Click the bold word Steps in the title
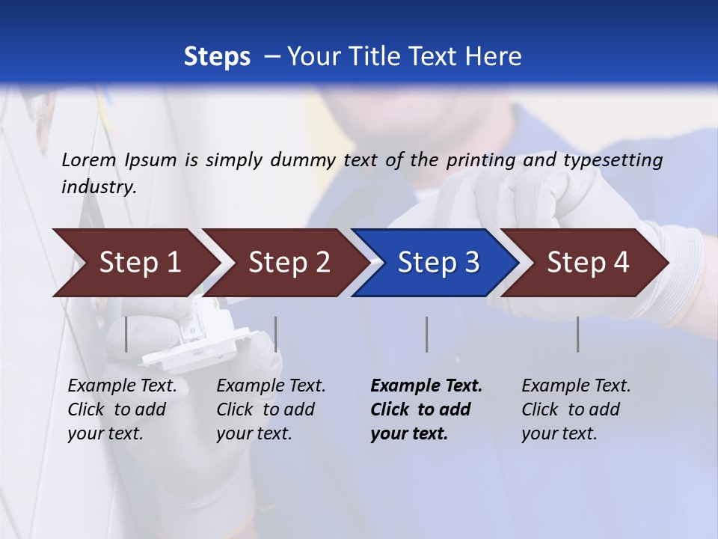217,57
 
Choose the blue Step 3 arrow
438,263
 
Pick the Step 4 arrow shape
588,263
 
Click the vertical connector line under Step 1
126,334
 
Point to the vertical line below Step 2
276,334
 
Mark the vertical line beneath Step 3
427,334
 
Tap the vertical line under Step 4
578,334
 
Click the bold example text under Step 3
426,409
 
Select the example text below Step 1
122,409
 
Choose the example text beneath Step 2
271,409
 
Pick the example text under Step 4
576,409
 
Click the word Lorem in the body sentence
88,159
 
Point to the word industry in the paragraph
99,186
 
